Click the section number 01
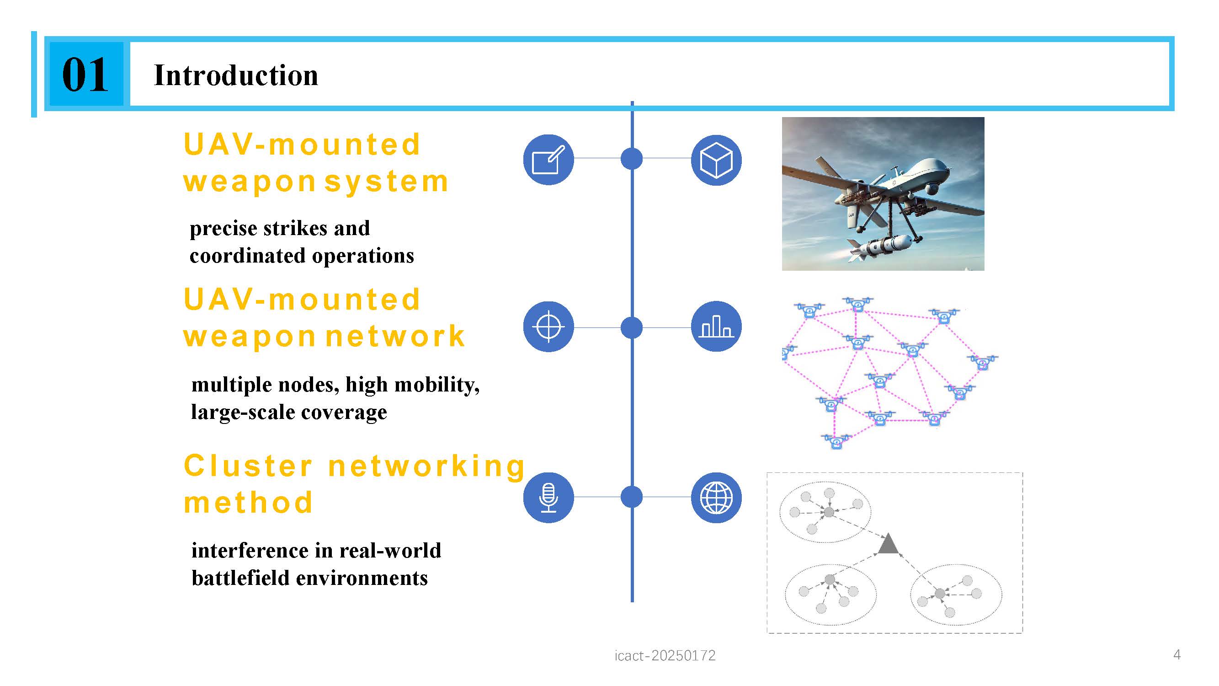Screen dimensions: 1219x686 [85, 75]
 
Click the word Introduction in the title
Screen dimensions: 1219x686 [236, 75]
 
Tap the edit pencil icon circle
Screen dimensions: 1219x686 [548, 160]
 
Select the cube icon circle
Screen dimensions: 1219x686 [716, 160]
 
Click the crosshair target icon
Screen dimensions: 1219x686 [548, 327]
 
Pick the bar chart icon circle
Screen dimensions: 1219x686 [716, 326]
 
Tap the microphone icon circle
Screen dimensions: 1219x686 [548, 498]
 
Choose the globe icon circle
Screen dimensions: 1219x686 [716, 498]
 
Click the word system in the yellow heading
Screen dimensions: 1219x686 [387, 182]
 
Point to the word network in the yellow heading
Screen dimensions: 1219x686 [396, 336]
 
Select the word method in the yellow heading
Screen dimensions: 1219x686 [248, 502]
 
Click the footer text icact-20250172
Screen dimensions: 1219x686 [665, 655]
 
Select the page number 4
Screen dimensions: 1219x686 [1177, 655]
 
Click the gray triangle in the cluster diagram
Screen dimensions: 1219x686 [888, 543]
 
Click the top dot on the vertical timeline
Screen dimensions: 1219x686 [631, 158]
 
